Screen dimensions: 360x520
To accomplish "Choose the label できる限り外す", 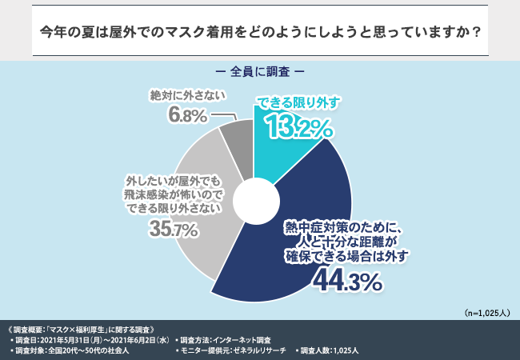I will pyautogui.click(x=298, y=102).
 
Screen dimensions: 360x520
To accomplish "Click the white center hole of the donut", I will pyautogui.click(x=253, y=197).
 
